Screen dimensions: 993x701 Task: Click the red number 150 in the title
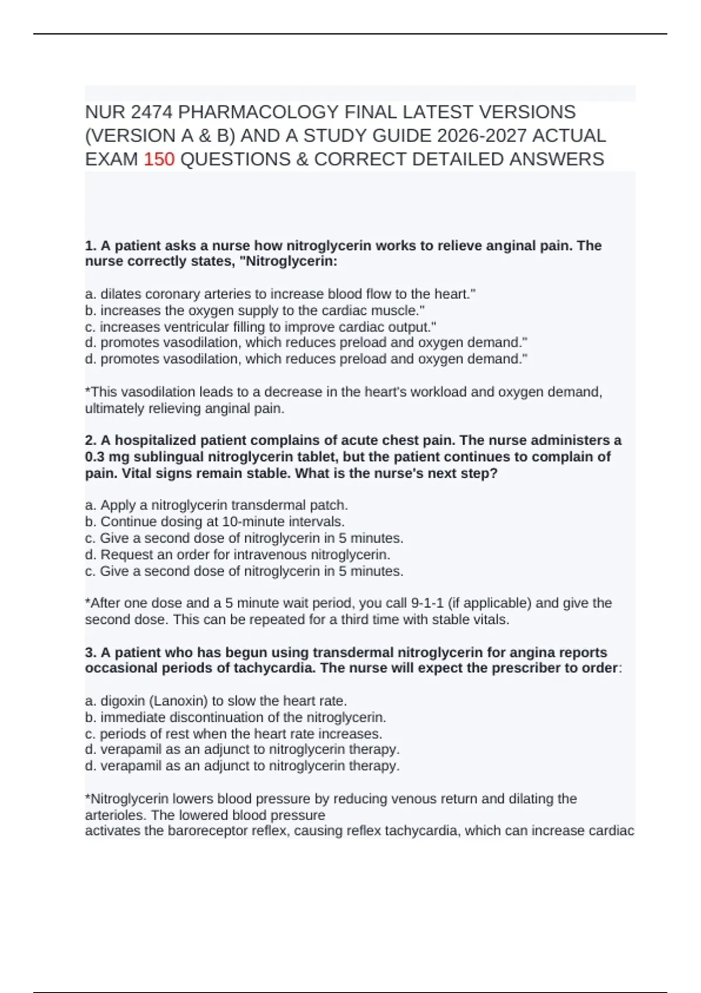(x=159, y=159)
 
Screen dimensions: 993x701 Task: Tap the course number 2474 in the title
(x=152, y=112)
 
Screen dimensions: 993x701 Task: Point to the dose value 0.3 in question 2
(x=95, y=457)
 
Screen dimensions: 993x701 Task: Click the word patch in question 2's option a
(x=331, y=505)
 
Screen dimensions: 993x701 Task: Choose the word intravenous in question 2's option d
(x=271, y=554)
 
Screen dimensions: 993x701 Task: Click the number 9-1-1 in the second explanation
(x=427, y=603)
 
